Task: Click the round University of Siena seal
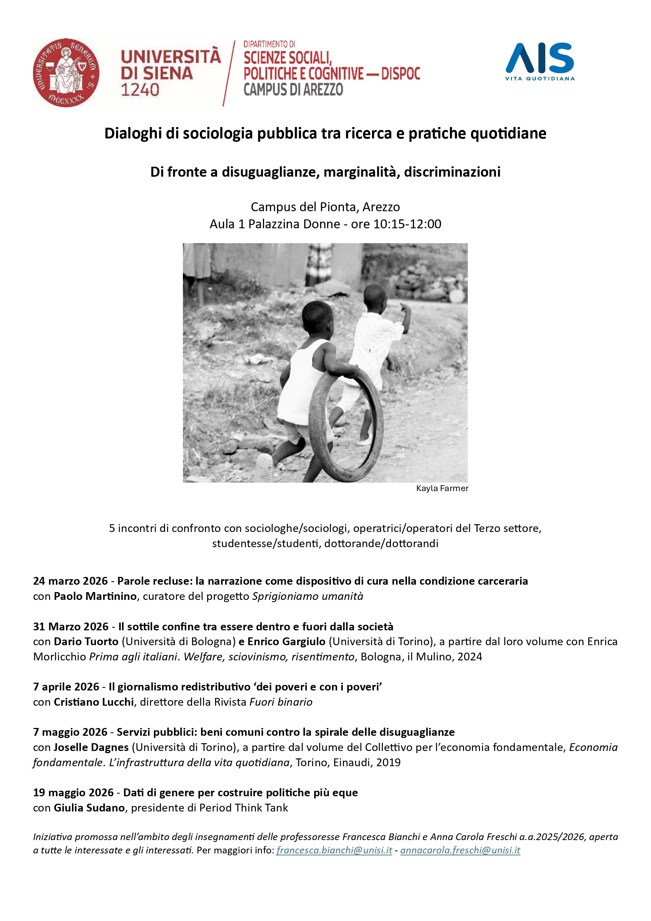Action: (66, 73)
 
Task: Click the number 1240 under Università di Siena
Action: (140, 90)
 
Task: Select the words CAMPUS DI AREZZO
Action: (293, 89)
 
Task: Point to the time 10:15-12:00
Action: (407, 224)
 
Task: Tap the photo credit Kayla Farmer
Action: (442, 488)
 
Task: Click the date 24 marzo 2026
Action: (70, 581)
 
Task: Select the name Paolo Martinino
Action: (95, 596)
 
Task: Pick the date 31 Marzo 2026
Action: (71, 627)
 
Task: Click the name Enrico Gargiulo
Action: (286, 641)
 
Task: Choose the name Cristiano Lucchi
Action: (94, 702)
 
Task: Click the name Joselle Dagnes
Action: (91, 747)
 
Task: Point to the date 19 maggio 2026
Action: (73, 793)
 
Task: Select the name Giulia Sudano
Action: (89, 807)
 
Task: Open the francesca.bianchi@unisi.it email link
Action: (334, 850)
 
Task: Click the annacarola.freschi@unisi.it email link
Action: (460, 850)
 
